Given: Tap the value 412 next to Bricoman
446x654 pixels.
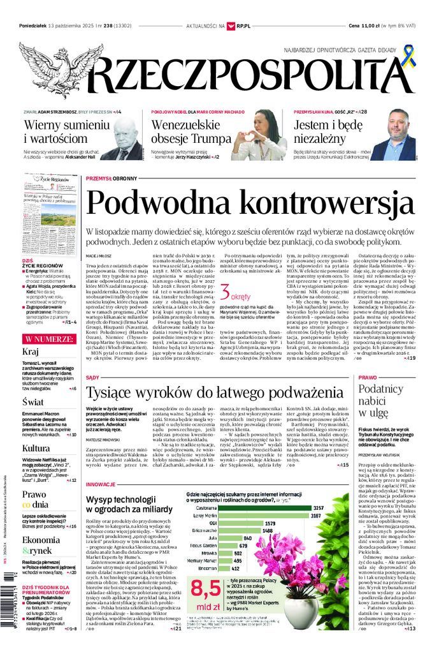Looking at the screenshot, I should [x=252, y=568].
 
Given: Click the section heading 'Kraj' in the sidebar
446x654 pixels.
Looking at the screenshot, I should [x=31, y=351].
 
